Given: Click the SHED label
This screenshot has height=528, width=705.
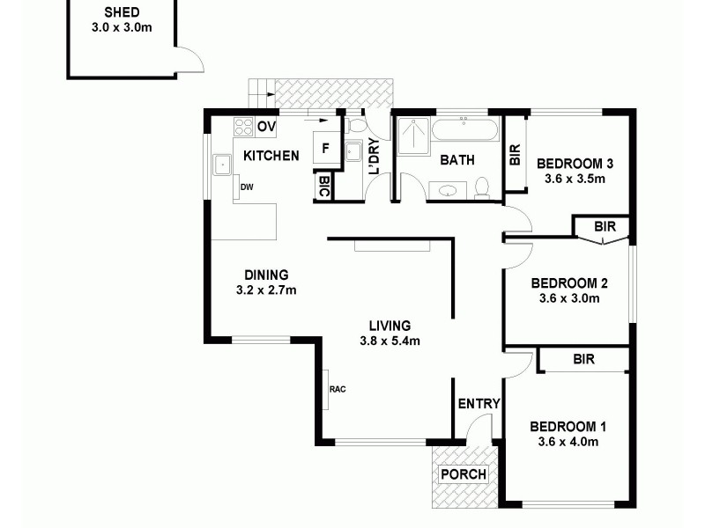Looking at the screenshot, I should click(122, 12).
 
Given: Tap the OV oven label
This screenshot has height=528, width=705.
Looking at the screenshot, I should click(266, 128).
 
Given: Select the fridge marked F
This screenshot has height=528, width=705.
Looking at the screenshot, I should click(325, 148).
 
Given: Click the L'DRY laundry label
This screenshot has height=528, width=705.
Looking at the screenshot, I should click(375, 156).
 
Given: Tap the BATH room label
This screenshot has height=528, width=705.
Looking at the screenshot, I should click(457, 160).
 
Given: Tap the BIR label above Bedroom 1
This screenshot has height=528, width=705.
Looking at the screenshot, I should click(583, 359).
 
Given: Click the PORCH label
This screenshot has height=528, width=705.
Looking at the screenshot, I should click(463, 474).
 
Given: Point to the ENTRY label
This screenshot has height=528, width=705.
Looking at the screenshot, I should click(479, 404).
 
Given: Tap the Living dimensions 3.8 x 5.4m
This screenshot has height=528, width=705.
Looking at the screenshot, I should click(390, 341).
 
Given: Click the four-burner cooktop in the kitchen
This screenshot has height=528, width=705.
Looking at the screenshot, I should click(244, 128).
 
